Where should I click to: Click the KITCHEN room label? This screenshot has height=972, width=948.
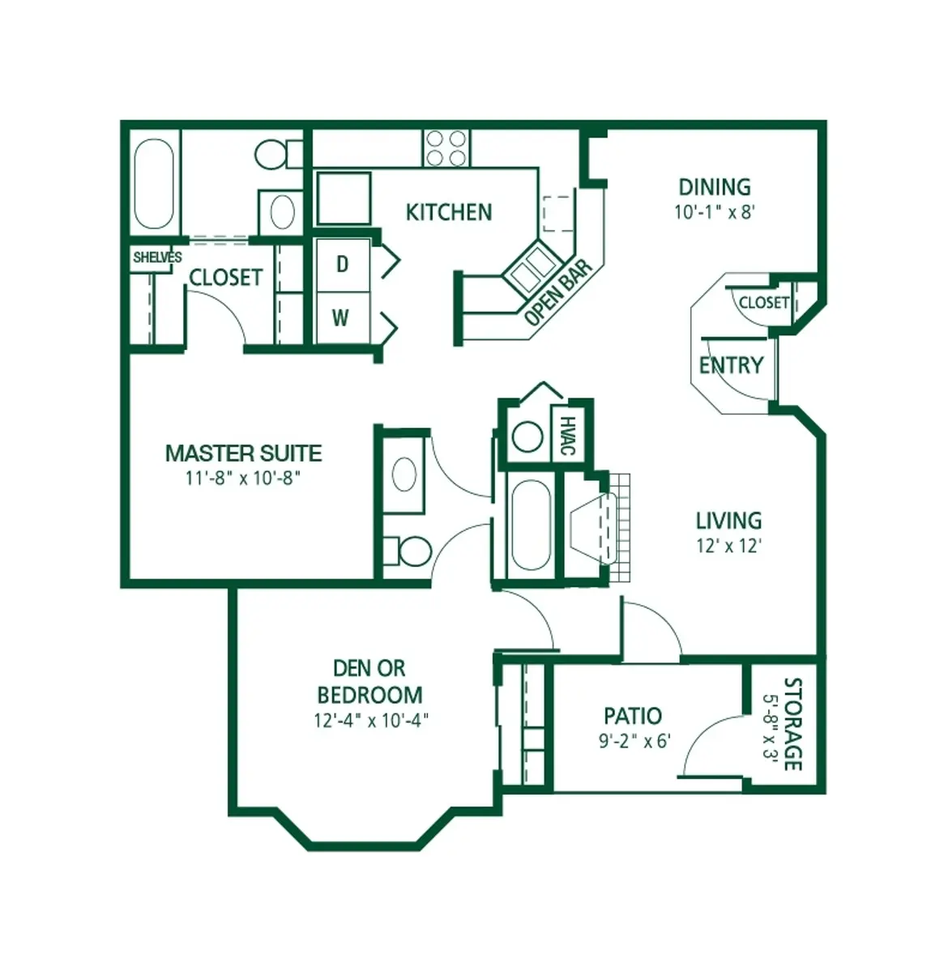pos(448,212)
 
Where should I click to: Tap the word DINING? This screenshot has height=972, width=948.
pos(714,187)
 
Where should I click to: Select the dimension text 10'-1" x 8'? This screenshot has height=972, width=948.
pos(714,212)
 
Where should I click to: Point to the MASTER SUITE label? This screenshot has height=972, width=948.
pos(243,453)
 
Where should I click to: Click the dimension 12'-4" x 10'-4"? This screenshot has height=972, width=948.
pos(369,720)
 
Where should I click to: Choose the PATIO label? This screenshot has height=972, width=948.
pos(632,716)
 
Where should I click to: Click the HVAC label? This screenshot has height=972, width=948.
pos(568,436)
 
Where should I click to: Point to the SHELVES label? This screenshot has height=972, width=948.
pos(157,258)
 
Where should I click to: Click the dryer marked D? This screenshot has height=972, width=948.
pos(342,265)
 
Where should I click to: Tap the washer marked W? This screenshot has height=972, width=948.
pos(341,318)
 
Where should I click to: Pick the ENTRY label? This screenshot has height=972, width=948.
pos(731,365)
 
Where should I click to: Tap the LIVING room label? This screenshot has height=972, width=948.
pos(728,520)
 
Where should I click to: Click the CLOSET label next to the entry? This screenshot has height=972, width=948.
pos(763,303)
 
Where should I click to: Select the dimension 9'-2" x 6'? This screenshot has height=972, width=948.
pos(634,741)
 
